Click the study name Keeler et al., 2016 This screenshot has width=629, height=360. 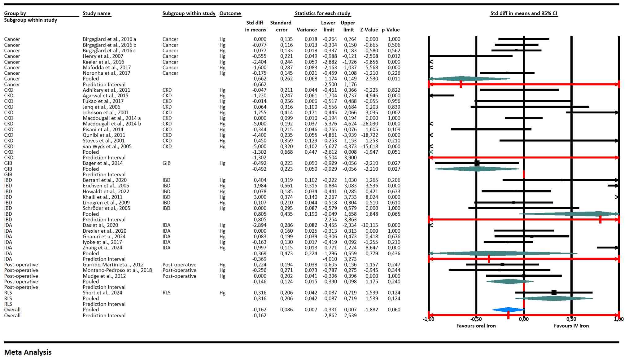pyautogui.click(x=103, y=62)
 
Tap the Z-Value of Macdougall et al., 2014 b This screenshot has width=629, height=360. pyautogui.click(x=369, y=124)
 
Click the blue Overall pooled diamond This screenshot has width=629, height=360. pyautogui.click(x=508, y=310)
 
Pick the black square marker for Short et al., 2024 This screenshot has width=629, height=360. pyautogui.click(x=554, y=293)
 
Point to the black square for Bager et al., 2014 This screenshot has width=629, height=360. pyautogui.click(x=477, y=163)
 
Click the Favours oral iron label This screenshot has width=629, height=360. pyautogui.click(x=476, y=326)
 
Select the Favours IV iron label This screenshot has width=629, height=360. pyautogui.click(x=571, y=326)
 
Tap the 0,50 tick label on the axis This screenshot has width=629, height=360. pyautogui.click(x=571, y=319)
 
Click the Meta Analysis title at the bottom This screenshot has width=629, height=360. pyautogui.click(x=28, y=352)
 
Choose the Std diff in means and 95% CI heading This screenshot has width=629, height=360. pyautogui.click(x=524, y=13)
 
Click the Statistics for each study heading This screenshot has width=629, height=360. pyautogui.click(x=322, y=13)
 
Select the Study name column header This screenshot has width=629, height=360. pyautogui.click(x=96, y=13)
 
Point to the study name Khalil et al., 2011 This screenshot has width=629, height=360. pyautogui.click(x=103, y=197)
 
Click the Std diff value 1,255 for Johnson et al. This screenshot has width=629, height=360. pyautogui.click(x=260, y=113)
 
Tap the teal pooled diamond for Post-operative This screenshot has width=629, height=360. pyautogui.click(x=510, y=282)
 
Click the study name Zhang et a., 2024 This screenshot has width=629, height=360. pyautogui.click(x=102, y=248)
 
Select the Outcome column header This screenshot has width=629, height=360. pyautogui.click(x=230, y=13)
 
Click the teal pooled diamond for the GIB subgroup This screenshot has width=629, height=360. pyautogui.click(x=477, y=169)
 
